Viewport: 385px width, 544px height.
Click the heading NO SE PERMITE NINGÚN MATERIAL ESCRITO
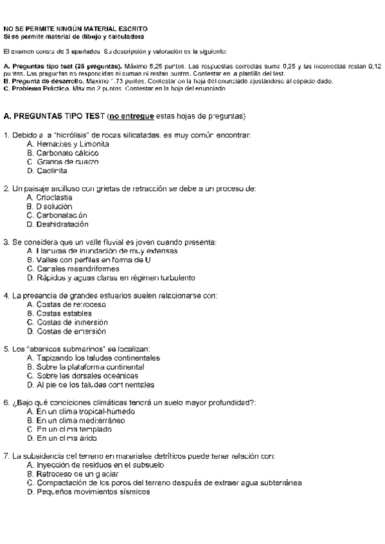[x=76, y=29]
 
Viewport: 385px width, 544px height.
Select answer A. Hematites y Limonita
[x=68, y=145]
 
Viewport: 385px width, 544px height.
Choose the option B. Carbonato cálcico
[x=63, y=154]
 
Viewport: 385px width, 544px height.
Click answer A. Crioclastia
[x=50, y=198]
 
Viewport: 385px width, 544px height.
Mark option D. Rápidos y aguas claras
[x=111, y=278]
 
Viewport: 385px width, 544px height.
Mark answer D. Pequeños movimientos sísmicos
[x=89, y=491]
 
